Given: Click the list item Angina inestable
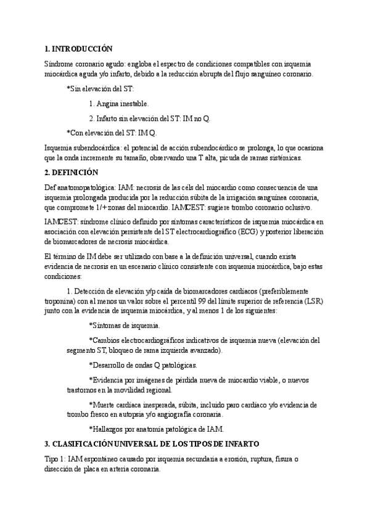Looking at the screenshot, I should (118, 104).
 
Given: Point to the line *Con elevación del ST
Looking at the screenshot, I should (112, 133).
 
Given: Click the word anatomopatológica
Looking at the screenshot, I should (87, 187).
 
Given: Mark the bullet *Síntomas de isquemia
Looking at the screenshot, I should (125, 325).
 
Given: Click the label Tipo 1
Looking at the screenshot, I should (56, 459).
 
